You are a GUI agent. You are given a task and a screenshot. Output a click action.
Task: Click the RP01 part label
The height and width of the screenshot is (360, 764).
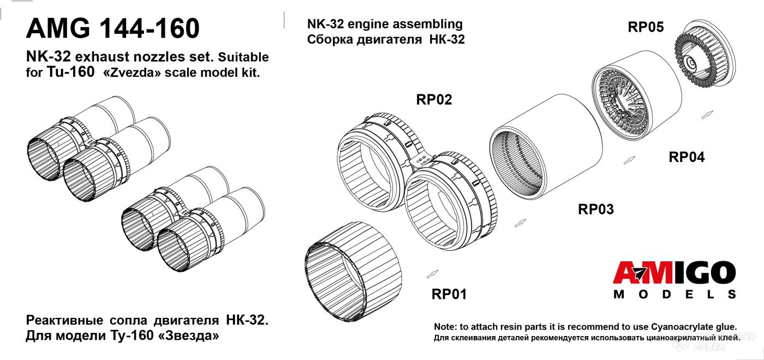[449, 294]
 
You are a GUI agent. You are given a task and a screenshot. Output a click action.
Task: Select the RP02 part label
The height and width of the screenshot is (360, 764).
[434, 100]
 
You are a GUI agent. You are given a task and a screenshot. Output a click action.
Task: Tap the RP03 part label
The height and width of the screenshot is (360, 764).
[596, 209]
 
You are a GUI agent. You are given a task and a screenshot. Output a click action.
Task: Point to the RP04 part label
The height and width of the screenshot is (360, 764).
[687, 157]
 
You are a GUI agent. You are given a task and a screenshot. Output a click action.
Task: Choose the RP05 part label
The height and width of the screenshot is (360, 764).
[646, 27]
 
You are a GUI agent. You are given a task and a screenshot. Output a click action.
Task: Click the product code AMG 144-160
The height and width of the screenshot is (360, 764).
[113, 28]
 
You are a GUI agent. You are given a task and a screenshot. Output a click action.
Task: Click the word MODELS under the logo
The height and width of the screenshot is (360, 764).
[675, 295]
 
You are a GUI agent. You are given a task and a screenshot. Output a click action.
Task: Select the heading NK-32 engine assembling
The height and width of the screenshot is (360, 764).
[385, 24]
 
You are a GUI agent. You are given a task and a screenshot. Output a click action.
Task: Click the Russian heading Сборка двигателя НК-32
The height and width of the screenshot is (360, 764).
[386, 39]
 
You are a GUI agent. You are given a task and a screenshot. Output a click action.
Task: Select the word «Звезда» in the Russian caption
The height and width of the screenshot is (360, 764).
[188, 336]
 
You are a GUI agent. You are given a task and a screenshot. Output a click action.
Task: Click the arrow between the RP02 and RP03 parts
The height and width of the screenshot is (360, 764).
[520, 224]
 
